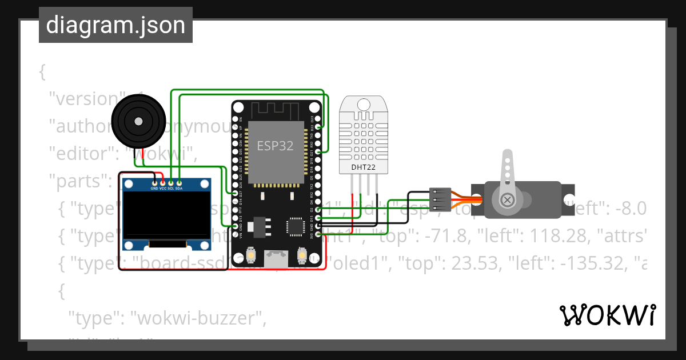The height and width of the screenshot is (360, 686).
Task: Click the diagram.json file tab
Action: coord(115,25)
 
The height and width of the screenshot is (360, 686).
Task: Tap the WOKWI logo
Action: coord(607,315)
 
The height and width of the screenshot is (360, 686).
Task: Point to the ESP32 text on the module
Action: coord(274,146)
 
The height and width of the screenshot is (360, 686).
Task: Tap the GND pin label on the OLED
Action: coord(154,188)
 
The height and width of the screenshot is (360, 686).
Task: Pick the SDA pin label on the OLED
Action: coord(179,188)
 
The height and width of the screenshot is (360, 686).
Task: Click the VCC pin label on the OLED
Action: coord(162,188)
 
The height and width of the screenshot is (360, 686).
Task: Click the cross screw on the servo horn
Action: coord(507,200)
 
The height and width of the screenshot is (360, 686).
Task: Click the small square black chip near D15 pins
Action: coord(296,226)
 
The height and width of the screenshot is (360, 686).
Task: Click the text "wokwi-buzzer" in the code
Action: coord(198,319)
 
